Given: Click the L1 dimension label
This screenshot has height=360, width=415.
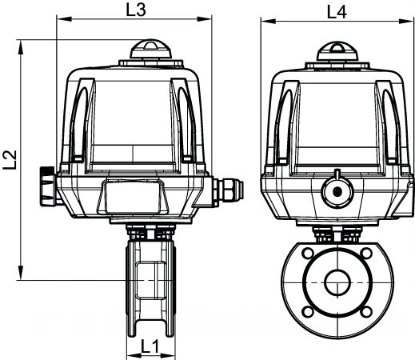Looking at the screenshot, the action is tap(150, 346).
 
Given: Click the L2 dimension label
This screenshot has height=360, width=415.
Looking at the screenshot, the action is tap(10, 159).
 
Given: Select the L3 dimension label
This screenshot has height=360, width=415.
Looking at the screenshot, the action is tap(136, 10).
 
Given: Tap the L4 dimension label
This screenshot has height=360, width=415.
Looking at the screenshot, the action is tap(337, 12).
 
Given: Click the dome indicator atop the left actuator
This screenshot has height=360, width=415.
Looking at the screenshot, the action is tap(150, 49).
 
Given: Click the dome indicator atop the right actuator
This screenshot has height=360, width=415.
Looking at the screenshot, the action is tap(337, 51).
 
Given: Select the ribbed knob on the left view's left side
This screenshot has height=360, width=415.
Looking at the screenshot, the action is tap(48, 186).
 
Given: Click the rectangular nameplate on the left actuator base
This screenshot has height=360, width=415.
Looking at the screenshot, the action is tap(133, 196).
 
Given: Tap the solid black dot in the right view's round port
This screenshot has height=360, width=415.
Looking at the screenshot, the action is tap(337, 191).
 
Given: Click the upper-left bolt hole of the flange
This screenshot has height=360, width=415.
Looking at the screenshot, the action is tap(308, 253).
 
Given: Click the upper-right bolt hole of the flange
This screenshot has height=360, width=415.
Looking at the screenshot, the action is tap(366, 253).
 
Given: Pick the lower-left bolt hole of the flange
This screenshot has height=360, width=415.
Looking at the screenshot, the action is tap(308, 311).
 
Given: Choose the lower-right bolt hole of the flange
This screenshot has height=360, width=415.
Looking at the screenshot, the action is tap(366, 311).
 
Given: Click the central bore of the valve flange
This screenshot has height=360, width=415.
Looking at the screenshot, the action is tap(337, 282).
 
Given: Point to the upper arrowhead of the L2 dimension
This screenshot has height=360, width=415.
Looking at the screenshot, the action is tap(21, 47).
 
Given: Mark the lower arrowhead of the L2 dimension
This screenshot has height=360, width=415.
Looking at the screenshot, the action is tap(21, 273).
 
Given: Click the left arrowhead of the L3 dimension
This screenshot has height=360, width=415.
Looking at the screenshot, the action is tap(65, 19).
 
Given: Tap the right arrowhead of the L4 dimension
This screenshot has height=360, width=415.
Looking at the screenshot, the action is tap(406, 21).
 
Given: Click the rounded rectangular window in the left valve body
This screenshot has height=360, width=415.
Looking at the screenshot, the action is tap(150, 280).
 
